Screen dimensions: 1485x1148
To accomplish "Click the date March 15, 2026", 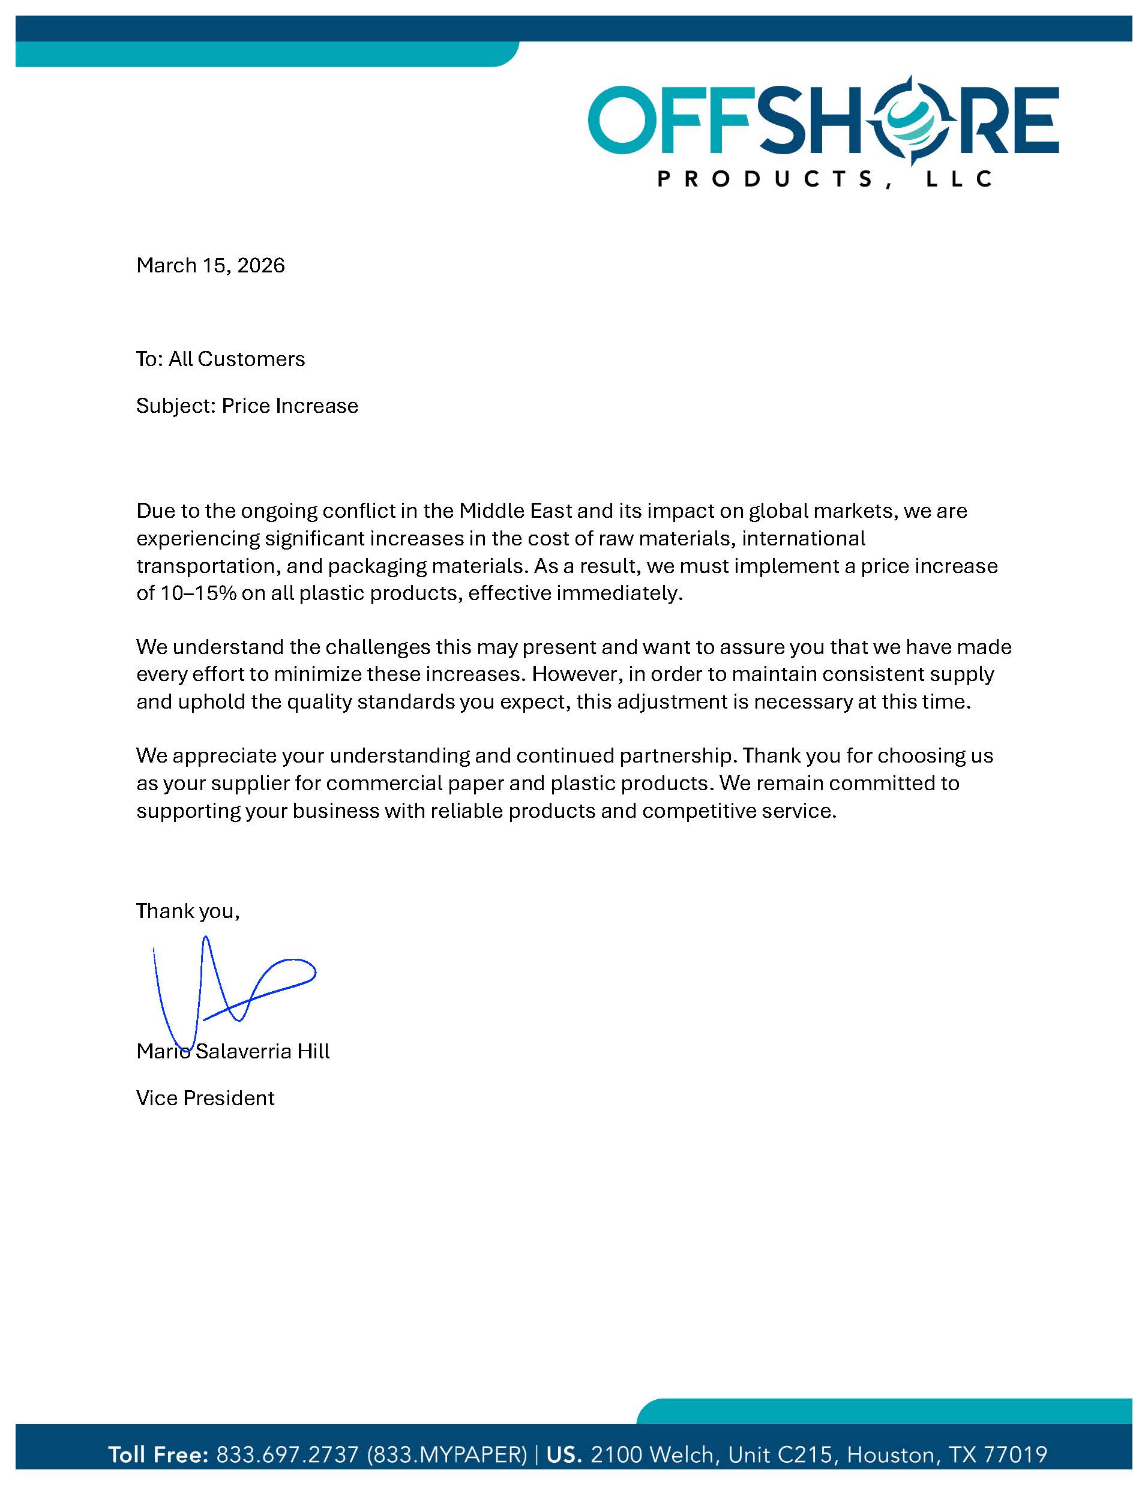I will click(210, 265).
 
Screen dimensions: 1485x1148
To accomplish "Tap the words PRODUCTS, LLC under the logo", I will click(825, 179).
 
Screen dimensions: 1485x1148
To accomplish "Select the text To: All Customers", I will click(220, 359).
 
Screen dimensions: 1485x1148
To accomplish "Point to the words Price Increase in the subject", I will click(290, 406).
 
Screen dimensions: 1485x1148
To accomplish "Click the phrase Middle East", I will click(516, 511).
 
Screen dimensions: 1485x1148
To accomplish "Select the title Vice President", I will click(205, 1098).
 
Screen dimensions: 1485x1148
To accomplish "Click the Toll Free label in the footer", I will click(158, 1454).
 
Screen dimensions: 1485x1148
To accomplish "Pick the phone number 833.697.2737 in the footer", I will click(287, 1454).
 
